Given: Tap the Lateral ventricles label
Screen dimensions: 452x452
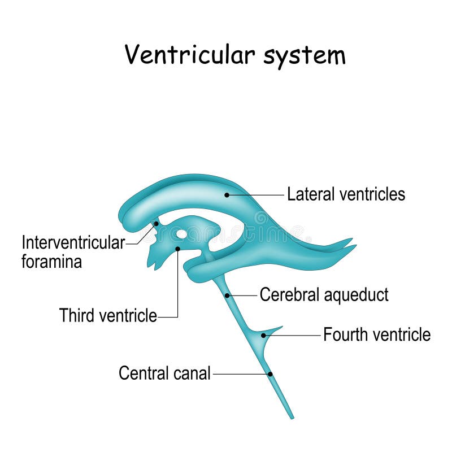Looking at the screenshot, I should [346, 194].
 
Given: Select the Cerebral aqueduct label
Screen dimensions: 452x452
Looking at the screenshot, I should [324, 295].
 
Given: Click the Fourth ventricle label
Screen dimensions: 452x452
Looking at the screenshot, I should [376, 335].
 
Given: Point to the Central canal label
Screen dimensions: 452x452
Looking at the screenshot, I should [164, 373].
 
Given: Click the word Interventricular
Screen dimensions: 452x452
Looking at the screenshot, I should [73, 243].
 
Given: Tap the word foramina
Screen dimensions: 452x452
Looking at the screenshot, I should [51, 262].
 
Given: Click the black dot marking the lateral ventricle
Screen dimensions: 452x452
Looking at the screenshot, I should [227, 195].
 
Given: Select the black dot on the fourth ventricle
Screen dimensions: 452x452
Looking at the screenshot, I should [263, 335].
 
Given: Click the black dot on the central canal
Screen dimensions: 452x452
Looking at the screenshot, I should [270, 374].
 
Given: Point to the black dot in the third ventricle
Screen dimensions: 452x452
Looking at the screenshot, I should [177, 249].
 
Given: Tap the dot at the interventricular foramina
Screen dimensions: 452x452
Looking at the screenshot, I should [156, 224].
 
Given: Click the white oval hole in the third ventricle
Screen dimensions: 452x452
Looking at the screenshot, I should [181, 233].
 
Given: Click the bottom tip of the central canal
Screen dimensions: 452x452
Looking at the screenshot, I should [292, 417].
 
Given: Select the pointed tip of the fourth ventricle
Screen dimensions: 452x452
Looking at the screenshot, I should [281, 327].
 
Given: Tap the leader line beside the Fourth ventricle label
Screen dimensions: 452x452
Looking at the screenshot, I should [294, 335].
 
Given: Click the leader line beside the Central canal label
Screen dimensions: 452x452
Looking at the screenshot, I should [240, 374].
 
